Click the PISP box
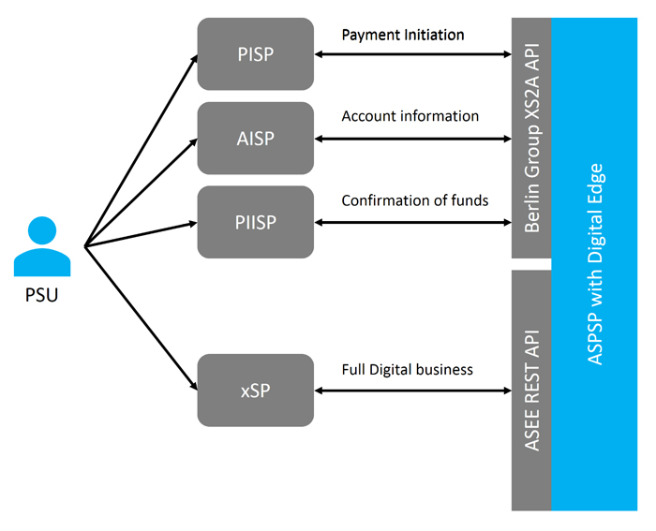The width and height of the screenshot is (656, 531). pos(255,53)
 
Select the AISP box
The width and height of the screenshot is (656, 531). pos(255,138)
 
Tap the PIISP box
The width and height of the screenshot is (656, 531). pos(255,222)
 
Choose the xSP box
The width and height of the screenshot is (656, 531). pos(255,390)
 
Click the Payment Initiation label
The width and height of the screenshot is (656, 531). pos(402,35)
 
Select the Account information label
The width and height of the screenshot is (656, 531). pos(410,116)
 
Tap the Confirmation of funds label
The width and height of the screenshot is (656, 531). pos(414,200)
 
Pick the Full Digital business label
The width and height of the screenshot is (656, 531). pos(407,369)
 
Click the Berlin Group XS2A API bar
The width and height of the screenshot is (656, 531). pos(530,138)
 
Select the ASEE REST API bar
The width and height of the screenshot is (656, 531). pos(530,390)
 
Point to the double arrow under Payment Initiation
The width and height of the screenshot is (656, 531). pos(412,54)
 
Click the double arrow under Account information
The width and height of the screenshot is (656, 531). pos(412,139)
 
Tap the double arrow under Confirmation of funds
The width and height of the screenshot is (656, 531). pos(412,223)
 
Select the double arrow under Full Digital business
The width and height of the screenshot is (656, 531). pos(412,391)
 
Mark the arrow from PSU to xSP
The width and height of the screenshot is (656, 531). pos(141,317)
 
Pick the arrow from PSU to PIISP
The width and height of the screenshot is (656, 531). pos(141,234)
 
